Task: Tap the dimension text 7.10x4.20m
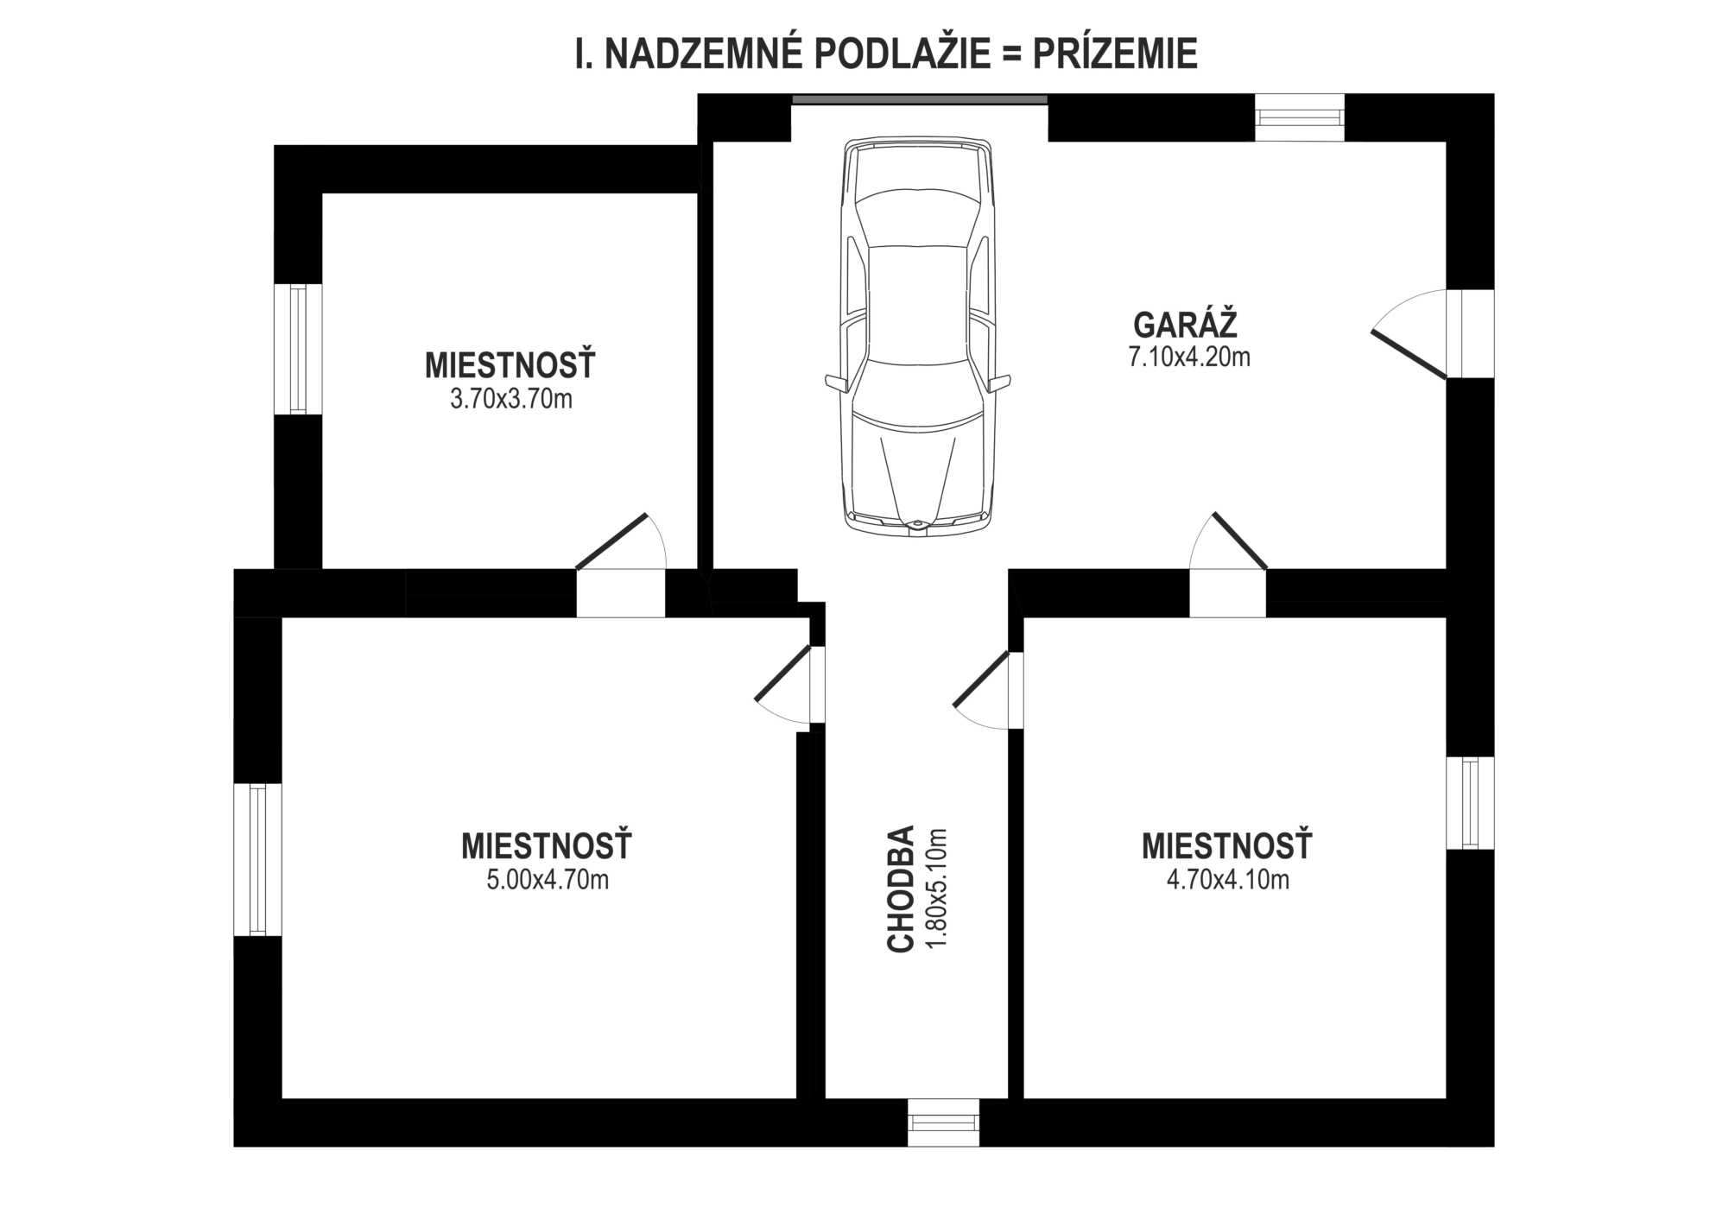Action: pyautogui.click(x=1189, y=357)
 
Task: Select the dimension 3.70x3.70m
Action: pyautogui.click(x=511, y=399)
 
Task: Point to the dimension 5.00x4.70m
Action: pyautogui.click(x=548, y=880)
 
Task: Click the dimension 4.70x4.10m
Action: pyautogui.click(x=1228, y=880)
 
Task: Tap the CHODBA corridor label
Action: pyautogui.click(x=901, y=889)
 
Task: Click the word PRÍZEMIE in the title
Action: pyautogui.click(x=1115, y=54)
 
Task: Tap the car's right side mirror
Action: pyautogui.click(x=1000, y=383)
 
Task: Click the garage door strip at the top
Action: pyautogui.click(x=920, y=100)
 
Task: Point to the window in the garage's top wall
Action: pyautogui.click(x=1299, y=117)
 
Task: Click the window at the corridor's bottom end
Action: pyautogui.click(x=944, y=1123)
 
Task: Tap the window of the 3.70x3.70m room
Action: pyautogui.click(x=298, y=349)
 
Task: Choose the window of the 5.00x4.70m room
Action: pyautogui.click(x=258, y=859)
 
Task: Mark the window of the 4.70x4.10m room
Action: pyautogui.click(x=1470, y=803)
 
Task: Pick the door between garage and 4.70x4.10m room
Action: pyautogui.click(x=1228, y=565)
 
